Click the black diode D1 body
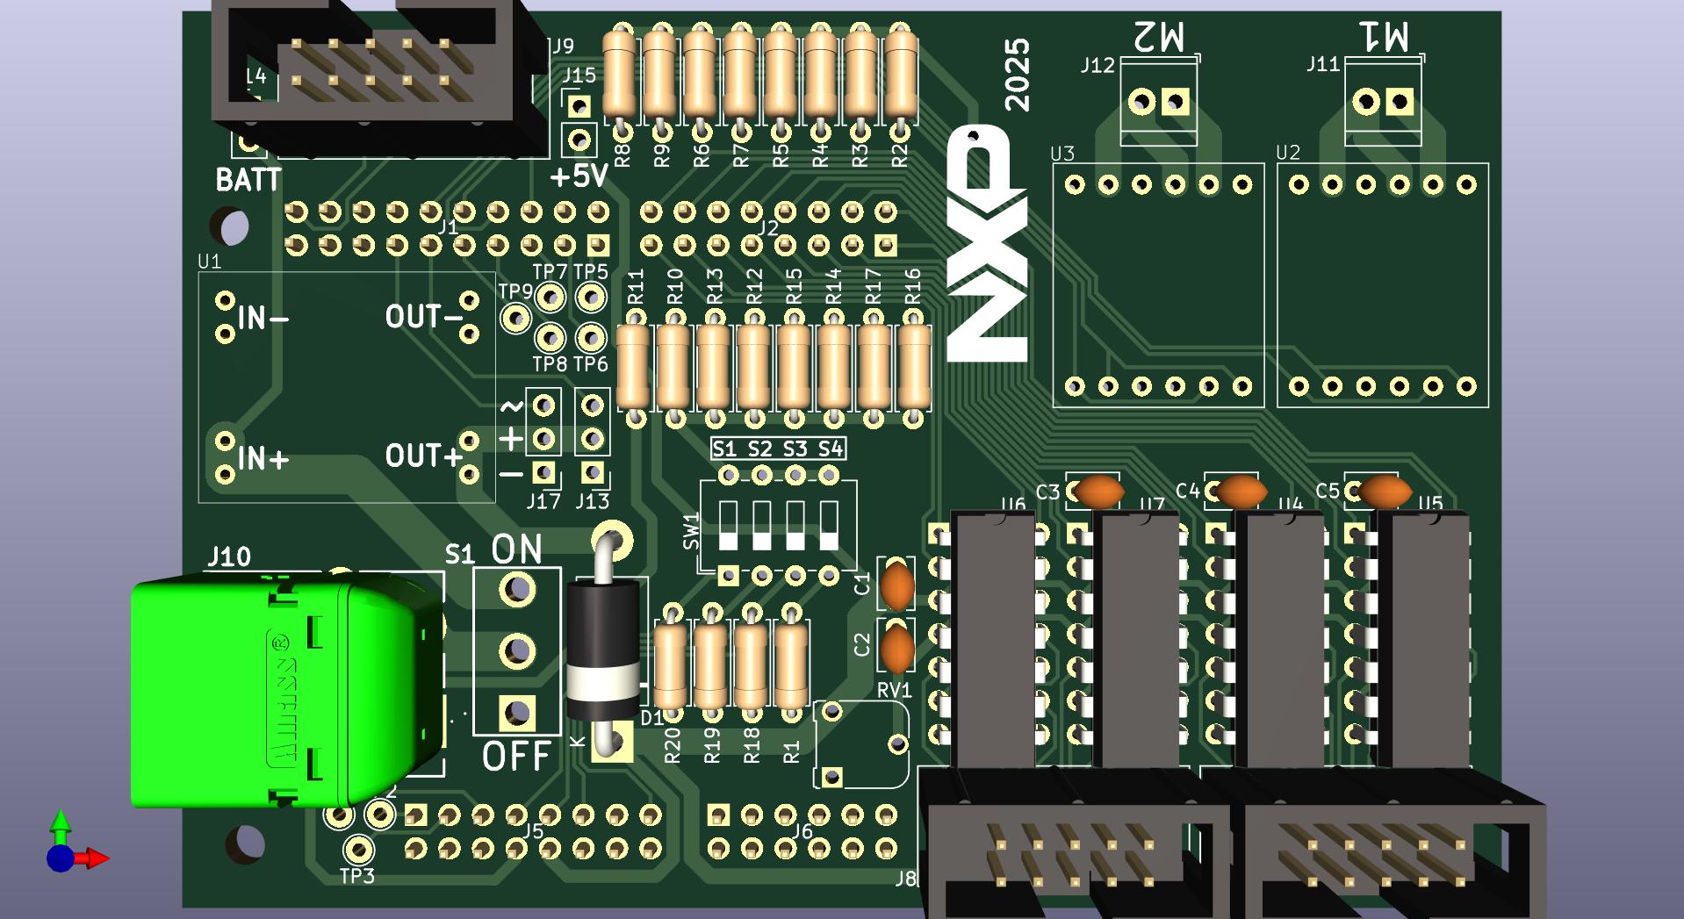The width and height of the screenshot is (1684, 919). tap(602, 650)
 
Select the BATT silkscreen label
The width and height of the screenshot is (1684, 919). tap(248, 180)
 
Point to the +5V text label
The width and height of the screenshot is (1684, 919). tap(579, 177)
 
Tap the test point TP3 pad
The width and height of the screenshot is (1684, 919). tap(357, 849)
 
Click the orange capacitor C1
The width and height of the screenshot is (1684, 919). tap(896, 585)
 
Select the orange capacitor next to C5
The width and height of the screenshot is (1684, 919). tap(1383, 492)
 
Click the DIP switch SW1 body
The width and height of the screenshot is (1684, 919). tap(778, 526)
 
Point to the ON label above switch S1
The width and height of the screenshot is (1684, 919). tap(516, 549)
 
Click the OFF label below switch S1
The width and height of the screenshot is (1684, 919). tap(516, 755)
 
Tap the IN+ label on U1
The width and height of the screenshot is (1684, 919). tap(263, 458)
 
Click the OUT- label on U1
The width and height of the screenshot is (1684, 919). tap(423, 317)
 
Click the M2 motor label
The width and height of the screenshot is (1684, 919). tap(1158, 37)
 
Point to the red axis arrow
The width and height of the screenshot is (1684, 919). tap(95, 858)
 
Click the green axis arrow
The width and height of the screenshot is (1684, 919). tap(60, 823)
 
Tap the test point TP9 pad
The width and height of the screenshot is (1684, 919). tap(515, 317)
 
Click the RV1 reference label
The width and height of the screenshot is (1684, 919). tap(894, 690)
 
